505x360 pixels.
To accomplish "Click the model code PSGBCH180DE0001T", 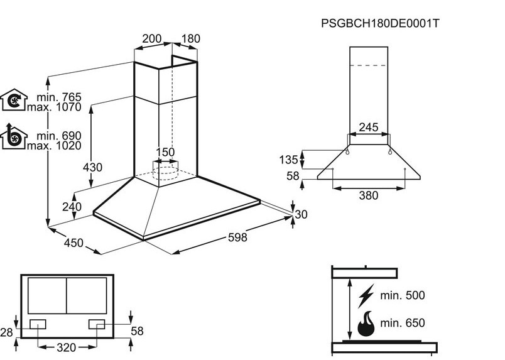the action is click(x=380, y=23).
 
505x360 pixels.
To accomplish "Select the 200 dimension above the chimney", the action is click(x=152, y=39).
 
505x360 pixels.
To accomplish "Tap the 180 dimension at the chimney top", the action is click(x=191, y=39).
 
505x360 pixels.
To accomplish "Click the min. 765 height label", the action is click(x=59, y=97).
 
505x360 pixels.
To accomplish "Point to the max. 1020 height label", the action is click(x=54, y=146).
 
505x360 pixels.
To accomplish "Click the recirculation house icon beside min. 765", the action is click(x=14, y=100).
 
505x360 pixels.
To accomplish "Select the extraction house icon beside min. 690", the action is click(x=14, y=136).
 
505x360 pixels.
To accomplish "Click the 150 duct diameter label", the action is click(x=165, y=152).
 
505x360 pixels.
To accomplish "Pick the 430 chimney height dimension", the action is click(x=92, y=168).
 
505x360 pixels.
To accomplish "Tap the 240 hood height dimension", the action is click(x=72, y=207).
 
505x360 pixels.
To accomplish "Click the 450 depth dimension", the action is click(x=73, y=243).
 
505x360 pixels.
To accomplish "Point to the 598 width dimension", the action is click(x=237, y=237).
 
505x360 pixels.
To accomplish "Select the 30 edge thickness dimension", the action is click(x=301, y=214).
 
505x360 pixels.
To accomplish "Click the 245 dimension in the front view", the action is click(x=369, y=128).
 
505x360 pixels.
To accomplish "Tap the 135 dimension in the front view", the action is click(x=288, y=160).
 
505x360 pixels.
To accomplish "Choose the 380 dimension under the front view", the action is click(x=369, y=195).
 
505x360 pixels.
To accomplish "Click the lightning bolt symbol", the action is click(x=366, y=296).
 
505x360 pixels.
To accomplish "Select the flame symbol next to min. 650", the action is click(x=366, y=324).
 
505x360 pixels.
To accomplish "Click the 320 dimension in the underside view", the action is click(x=67, y=347).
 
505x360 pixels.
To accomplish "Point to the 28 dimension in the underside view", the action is click(x=6, y=332).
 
